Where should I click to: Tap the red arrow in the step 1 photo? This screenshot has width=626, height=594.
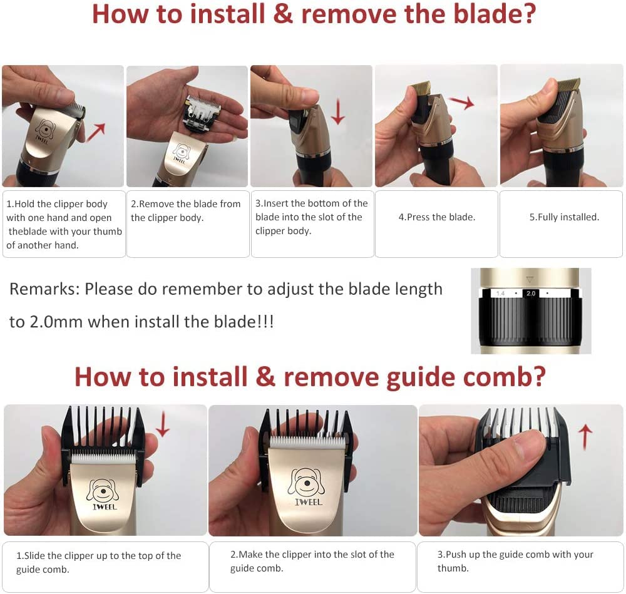coord(96,132)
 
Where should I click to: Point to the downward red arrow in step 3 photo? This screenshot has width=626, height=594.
coord(338,112)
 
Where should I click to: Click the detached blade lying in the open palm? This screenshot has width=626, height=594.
coord(202,115)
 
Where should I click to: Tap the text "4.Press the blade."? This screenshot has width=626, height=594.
coord(437,217)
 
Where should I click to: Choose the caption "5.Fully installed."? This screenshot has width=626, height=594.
coord(564,217)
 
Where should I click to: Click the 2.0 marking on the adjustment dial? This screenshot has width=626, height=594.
coord(531,294)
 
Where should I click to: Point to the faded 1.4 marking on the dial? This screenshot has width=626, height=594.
coord(500,294)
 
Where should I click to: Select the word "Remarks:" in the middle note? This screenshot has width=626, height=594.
coord(44,289)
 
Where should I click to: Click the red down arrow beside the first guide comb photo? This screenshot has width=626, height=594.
coord(163,425)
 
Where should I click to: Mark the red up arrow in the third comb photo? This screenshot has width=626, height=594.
coord(585,436)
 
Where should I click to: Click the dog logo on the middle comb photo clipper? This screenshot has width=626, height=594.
coord(307,482)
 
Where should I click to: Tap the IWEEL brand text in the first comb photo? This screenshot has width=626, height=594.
coord(105,507)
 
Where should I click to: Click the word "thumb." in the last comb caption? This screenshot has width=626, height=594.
coord(453,568)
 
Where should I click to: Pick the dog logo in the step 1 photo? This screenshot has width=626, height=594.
coord(44,128)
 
